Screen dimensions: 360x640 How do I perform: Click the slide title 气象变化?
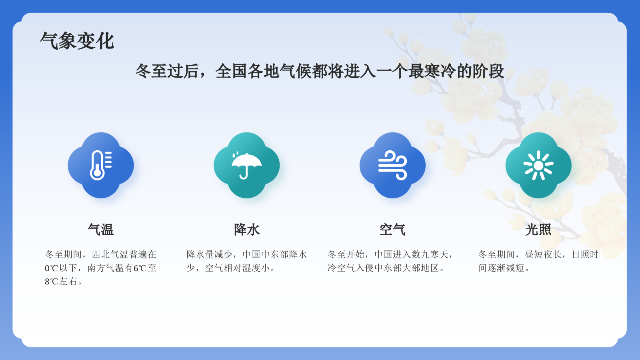point(77,41)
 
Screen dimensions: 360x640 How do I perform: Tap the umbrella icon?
point(246,165)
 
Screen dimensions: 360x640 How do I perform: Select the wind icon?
point(392,165)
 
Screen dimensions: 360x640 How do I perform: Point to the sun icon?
point(538,165)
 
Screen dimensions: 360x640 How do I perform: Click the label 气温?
point(101,230)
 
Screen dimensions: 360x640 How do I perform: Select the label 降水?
point(247,230)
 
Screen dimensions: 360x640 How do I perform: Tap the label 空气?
point(392,230)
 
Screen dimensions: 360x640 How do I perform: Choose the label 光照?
point(538,230)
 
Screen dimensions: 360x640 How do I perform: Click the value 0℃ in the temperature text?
point(52,268)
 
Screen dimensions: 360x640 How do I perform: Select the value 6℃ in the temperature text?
point(140,268)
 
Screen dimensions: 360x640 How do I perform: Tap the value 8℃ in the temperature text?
point(52,282)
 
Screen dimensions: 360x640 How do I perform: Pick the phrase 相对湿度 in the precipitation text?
point(242,268)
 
